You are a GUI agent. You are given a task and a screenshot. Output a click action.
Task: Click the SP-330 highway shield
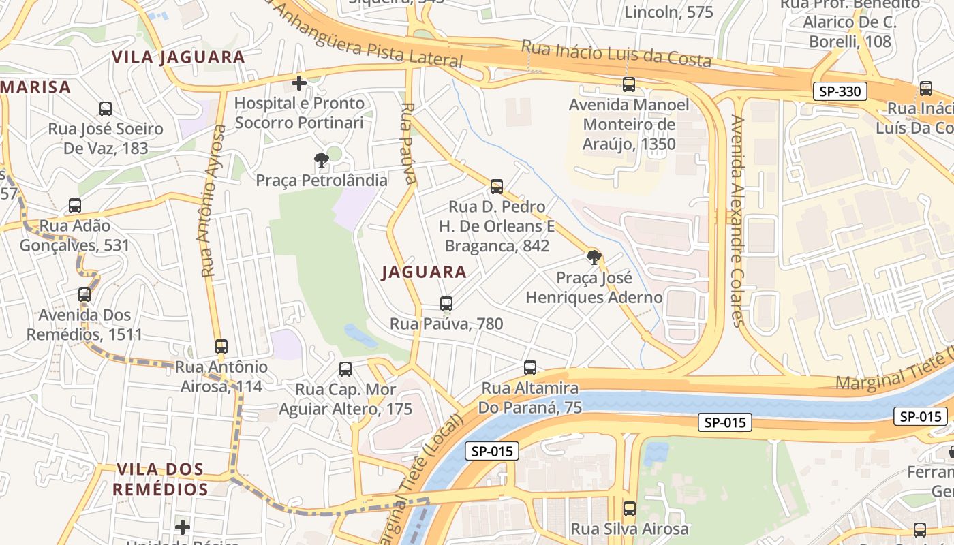pos(840,91)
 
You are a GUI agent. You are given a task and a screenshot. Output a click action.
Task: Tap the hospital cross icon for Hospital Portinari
pos(298,83)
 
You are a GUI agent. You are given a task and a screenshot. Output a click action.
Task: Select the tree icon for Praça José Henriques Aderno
pos(594,258)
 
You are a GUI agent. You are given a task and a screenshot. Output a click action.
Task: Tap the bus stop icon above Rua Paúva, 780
pos(446,304)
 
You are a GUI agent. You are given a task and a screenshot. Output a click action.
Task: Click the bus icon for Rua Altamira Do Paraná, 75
pos(530,368)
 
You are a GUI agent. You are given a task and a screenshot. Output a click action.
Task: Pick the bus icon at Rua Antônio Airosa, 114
pos(221,347)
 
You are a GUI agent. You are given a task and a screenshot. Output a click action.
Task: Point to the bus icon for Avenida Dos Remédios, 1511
pos(84,295)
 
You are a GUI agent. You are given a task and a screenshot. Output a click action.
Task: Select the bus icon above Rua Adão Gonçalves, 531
pos(75,206)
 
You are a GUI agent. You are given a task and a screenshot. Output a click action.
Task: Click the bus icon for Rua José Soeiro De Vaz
pos(106,109)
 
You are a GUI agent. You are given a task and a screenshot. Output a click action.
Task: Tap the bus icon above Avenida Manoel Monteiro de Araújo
pos(629,85)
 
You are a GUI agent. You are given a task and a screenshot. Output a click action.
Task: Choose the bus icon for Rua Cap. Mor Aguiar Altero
pos(345,369)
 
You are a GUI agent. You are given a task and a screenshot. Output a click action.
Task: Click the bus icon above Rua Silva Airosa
pos(630,509)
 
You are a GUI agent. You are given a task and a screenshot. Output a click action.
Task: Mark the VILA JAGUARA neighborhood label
pos(179,57)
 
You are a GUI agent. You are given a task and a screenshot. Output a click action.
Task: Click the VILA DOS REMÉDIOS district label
pos(161,479)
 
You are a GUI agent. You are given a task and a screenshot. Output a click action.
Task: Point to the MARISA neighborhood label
pos(35,87)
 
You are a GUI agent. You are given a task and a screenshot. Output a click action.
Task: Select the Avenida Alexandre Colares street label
pos(737,221)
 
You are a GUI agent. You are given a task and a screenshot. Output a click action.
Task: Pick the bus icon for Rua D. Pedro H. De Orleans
pos(497,187)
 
